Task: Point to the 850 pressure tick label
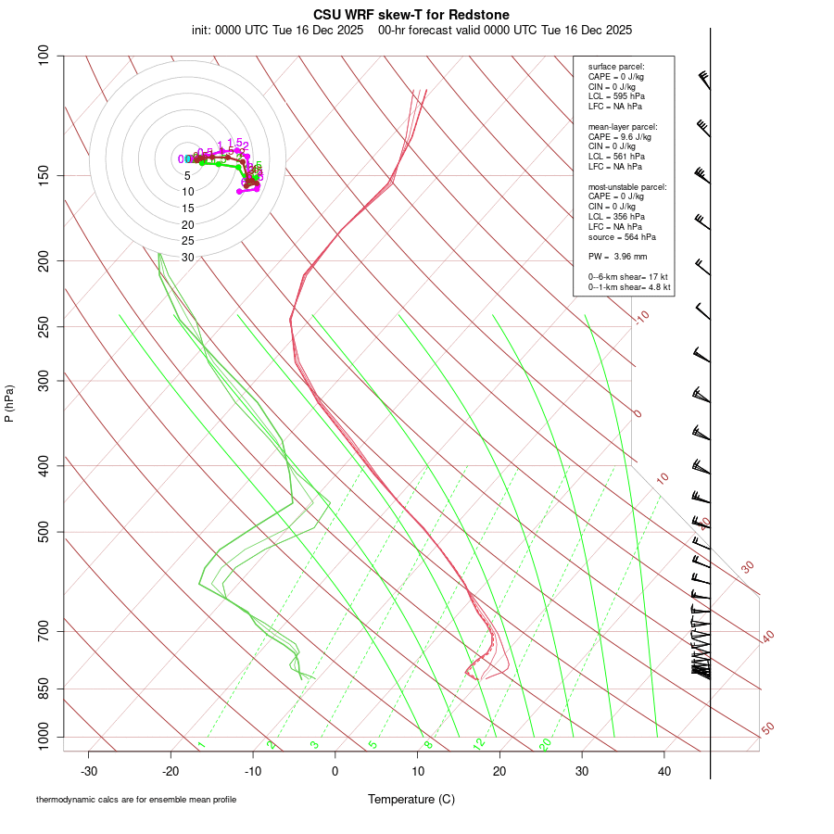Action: (x=44, y=689)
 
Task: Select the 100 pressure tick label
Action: (x=44, y=56)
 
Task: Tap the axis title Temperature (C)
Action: (x=411, y=800)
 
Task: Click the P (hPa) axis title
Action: (x=9, y=403)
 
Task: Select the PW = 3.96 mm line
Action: (x=617, y=256)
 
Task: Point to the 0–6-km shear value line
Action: (x=628, y=277)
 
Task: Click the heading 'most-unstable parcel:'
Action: (x=627, y=187)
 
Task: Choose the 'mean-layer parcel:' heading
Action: (x=623, y=126)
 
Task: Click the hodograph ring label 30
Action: (x=188, y=258)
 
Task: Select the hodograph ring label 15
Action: (x=188, y=208)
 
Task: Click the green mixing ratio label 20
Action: (x=546, y=744)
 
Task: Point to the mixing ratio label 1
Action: (x=201, y=745)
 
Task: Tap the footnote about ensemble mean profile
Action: (x=143, y=800)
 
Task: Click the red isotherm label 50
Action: (x=767, y=729)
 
